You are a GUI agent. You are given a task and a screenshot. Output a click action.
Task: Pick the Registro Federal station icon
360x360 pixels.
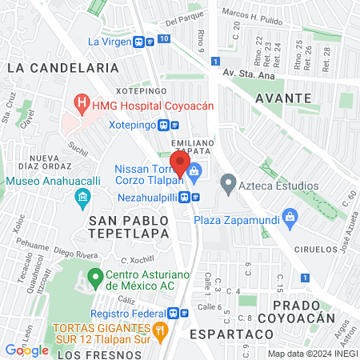pyautogui.click(x=183, y=313)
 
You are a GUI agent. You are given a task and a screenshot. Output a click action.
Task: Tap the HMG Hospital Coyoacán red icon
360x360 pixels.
pyautogui.click(x=80, y=102)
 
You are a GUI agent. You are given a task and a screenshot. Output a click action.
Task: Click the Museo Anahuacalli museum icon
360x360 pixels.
pyautogui.click(x=82, y=197)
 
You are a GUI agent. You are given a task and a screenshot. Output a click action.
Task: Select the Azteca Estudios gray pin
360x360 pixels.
pyautogui.click(x=228, y=186)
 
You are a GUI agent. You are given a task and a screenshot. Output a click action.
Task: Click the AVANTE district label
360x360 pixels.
pyautogui.click(x=282, y=97)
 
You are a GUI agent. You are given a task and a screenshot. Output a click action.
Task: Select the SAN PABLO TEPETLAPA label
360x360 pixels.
pyautogui.click(x=129, y=226)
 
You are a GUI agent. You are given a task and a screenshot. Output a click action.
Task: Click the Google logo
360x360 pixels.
pyautogui.click(x=26, y=350)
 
